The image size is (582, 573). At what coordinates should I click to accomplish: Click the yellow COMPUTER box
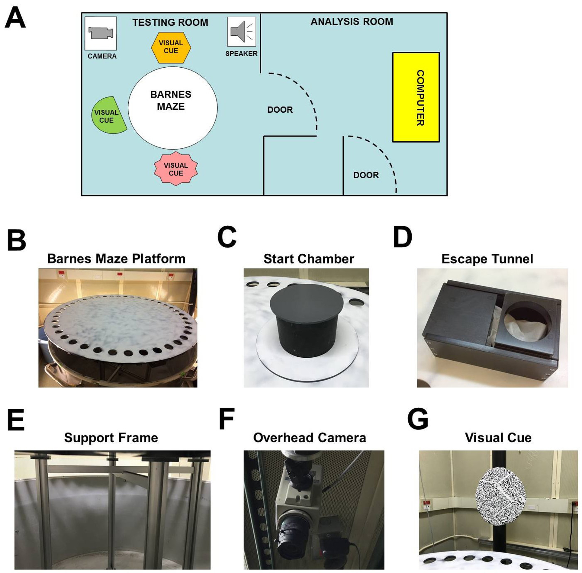tap(416, 97)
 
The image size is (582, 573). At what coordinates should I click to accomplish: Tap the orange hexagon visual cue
tap(171, 47)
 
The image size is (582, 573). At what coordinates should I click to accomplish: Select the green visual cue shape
tap(108, 115)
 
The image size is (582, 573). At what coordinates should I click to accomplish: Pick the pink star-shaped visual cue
tap(176, 169)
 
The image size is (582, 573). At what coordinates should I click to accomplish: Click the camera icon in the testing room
tap(101, 33)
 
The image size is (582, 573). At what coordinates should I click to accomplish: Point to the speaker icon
tap(241, 31)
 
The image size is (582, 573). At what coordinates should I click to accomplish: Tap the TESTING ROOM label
tap(170, 22)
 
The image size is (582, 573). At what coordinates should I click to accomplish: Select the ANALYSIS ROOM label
tap(352, 22)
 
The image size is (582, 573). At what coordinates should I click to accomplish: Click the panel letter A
tap(15, 18)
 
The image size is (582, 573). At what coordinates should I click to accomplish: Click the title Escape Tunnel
tap(487, 259)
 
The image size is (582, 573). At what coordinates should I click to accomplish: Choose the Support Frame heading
tap(111, 438)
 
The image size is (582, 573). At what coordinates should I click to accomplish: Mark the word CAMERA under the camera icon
tap(102, 56)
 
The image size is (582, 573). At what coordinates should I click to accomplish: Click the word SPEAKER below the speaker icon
tap(241, 53)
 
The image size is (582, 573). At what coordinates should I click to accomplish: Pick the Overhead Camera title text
tap(309, 438)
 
